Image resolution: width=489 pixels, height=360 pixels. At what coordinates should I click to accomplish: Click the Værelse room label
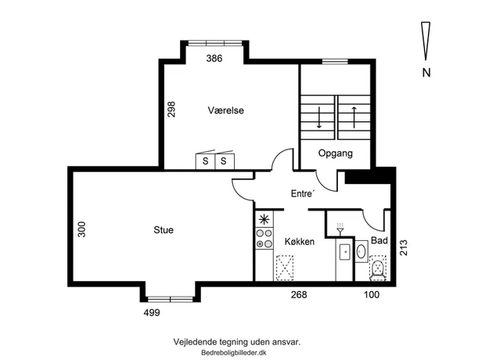tap(226, 110)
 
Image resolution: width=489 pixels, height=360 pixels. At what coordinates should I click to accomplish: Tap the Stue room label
tap(164, 230)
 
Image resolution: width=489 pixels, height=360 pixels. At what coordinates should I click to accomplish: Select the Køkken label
tap(300, 242)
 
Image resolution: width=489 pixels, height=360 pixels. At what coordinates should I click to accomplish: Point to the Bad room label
tap(379, 240)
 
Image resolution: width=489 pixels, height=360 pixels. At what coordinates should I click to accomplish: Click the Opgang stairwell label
tap(336, 153)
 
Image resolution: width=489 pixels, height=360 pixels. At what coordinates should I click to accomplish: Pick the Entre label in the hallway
tap(302, 194)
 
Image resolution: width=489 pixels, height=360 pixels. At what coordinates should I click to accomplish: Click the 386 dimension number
tap(214, 59)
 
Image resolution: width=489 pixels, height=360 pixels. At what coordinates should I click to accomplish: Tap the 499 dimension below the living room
tap(152, 312)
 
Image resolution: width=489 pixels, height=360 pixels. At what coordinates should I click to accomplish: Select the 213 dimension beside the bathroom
tap(404, 247)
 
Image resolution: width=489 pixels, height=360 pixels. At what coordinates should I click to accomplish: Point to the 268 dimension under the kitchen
tap(299, 295)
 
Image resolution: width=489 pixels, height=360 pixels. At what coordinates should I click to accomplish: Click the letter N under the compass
tap(426, 73)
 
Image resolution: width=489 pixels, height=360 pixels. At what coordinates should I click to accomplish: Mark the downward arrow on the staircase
tap(318, 117)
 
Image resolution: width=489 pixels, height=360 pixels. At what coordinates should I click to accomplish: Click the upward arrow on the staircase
tap(354, 117)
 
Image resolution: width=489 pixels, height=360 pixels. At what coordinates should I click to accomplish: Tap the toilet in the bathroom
tap(378, 268)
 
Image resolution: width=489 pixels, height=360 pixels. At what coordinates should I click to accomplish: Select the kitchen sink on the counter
tap(345, 252)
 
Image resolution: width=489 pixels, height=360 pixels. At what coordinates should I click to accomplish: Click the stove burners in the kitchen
tap(264, 239)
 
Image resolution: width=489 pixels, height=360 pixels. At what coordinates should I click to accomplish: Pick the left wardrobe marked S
tap(205, 160)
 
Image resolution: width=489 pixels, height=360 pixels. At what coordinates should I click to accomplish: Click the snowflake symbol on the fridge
tap(264, 220)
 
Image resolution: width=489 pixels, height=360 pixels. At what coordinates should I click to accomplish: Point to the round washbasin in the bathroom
tap(361, 251)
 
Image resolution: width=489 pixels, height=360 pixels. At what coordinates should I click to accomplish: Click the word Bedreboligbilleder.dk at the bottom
tap(234, 353)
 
